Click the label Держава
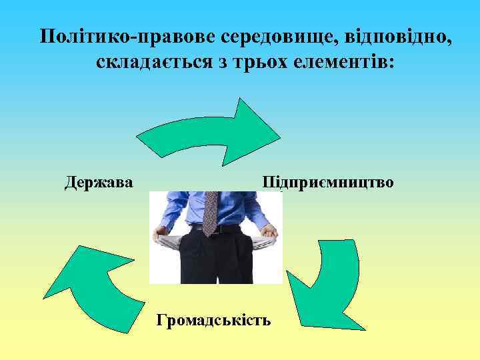click(x=99, y=182)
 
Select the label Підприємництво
click(x=328, y=182)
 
